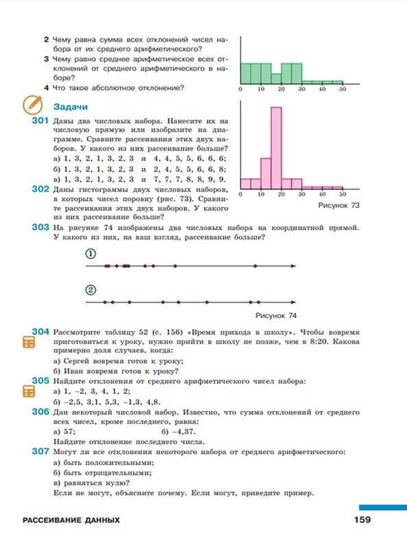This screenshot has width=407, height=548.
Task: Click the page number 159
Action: (362, 520)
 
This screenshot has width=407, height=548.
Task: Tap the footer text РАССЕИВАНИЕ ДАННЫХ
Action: (71, 521)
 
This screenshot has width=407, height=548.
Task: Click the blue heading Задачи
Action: (70, 106)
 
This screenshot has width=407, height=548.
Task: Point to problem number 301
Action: (39, 120)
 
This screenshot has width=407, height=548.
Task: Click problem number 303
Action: (39, 227)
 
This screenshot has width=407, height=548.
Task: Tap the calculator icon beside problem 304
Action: (29, 342)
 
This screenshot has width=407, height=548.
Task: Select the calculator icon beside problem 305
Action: (29, 391)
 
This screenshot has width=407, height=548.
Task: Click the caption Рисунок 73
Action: (339, 205)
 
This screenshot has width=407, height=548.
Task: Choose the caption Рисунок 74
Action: (275, 315)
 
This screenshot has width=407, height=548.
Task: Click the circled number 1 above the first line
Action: (90, 253)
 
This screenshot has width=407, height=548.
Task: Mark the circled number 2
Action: (90, 289)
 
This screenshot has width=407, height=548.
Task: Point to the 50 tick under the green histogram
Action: (342, 90)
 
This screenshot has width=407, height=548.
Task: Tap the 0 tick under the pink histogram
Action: (241, 195)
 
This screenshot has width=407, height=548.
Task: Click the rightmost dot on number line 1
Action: (255, 266)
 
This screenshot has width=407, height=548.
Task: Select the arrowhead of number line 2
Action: (293, 301)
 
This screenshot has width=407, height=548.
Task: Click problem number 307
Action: (39, 452)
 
